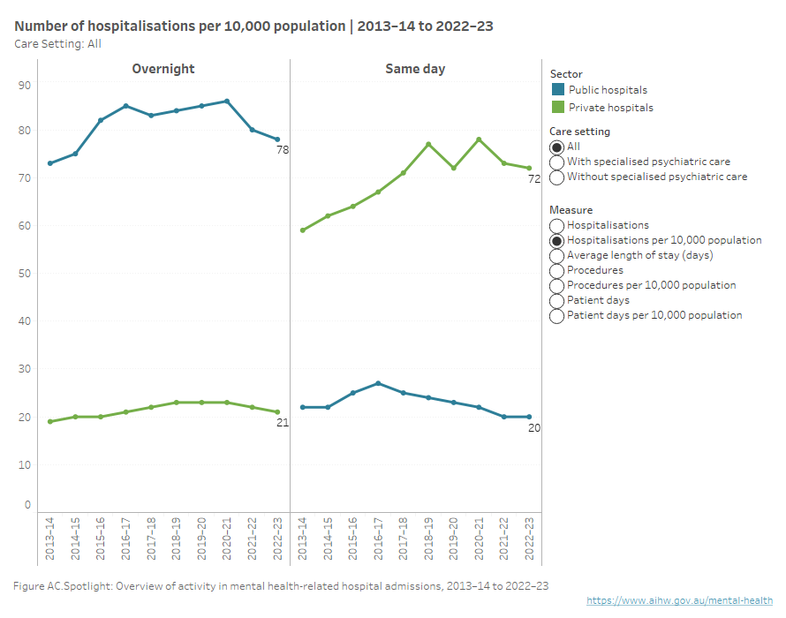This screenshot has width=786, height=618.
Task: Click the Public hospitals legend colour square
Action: (x=557, y=90)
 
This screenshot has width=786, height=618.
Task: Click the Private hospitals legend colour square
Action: (x=557, y=108)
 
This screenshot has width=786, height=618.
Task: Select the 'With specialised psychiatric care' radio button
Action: (x=557, y=162)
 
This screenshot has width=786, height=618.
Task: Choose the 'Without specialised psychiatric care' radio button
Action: (x=557, y=177)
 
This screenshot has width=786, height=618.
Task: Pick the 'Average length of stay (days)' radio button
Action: (x=557, y=256)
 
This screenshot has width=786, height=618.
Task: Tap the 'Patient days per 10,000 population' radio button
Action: (x=557, y=316)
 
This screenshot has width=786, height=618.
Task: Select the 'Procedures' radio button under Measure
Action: (x=557, y=271)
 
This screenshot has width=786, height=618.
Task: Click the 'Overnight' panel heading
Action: (x=163, y=69)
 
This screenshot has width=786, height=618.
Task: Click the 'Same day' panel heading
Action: (x=415, y=69)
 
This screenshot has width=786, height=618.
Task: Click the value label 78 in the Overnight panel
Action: (x=283, y=150)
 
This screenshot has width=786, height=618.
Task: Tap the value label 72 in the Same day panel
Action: (x=534, y=179)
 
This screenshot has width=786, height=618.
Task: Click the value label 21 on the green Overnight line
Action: (x=283, y=423)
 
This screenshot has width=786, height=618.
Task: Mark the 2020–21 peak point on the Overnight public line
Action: (x=228, y=101)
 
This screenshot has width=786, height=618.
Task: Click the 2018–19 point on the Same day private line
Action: (x=428, y=144)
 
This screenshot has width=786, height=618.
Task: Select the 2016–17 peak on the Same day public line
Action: (x=378, y=383)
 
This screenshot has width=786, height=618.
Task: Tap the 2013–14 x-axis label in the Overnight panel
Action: (x=49, y=539)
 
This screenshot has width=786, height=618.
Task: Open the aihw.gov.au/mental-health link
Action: (x=680, y=600)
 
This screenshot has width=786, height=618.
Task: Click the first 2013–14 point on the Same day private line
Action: (x=303, y=230)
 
